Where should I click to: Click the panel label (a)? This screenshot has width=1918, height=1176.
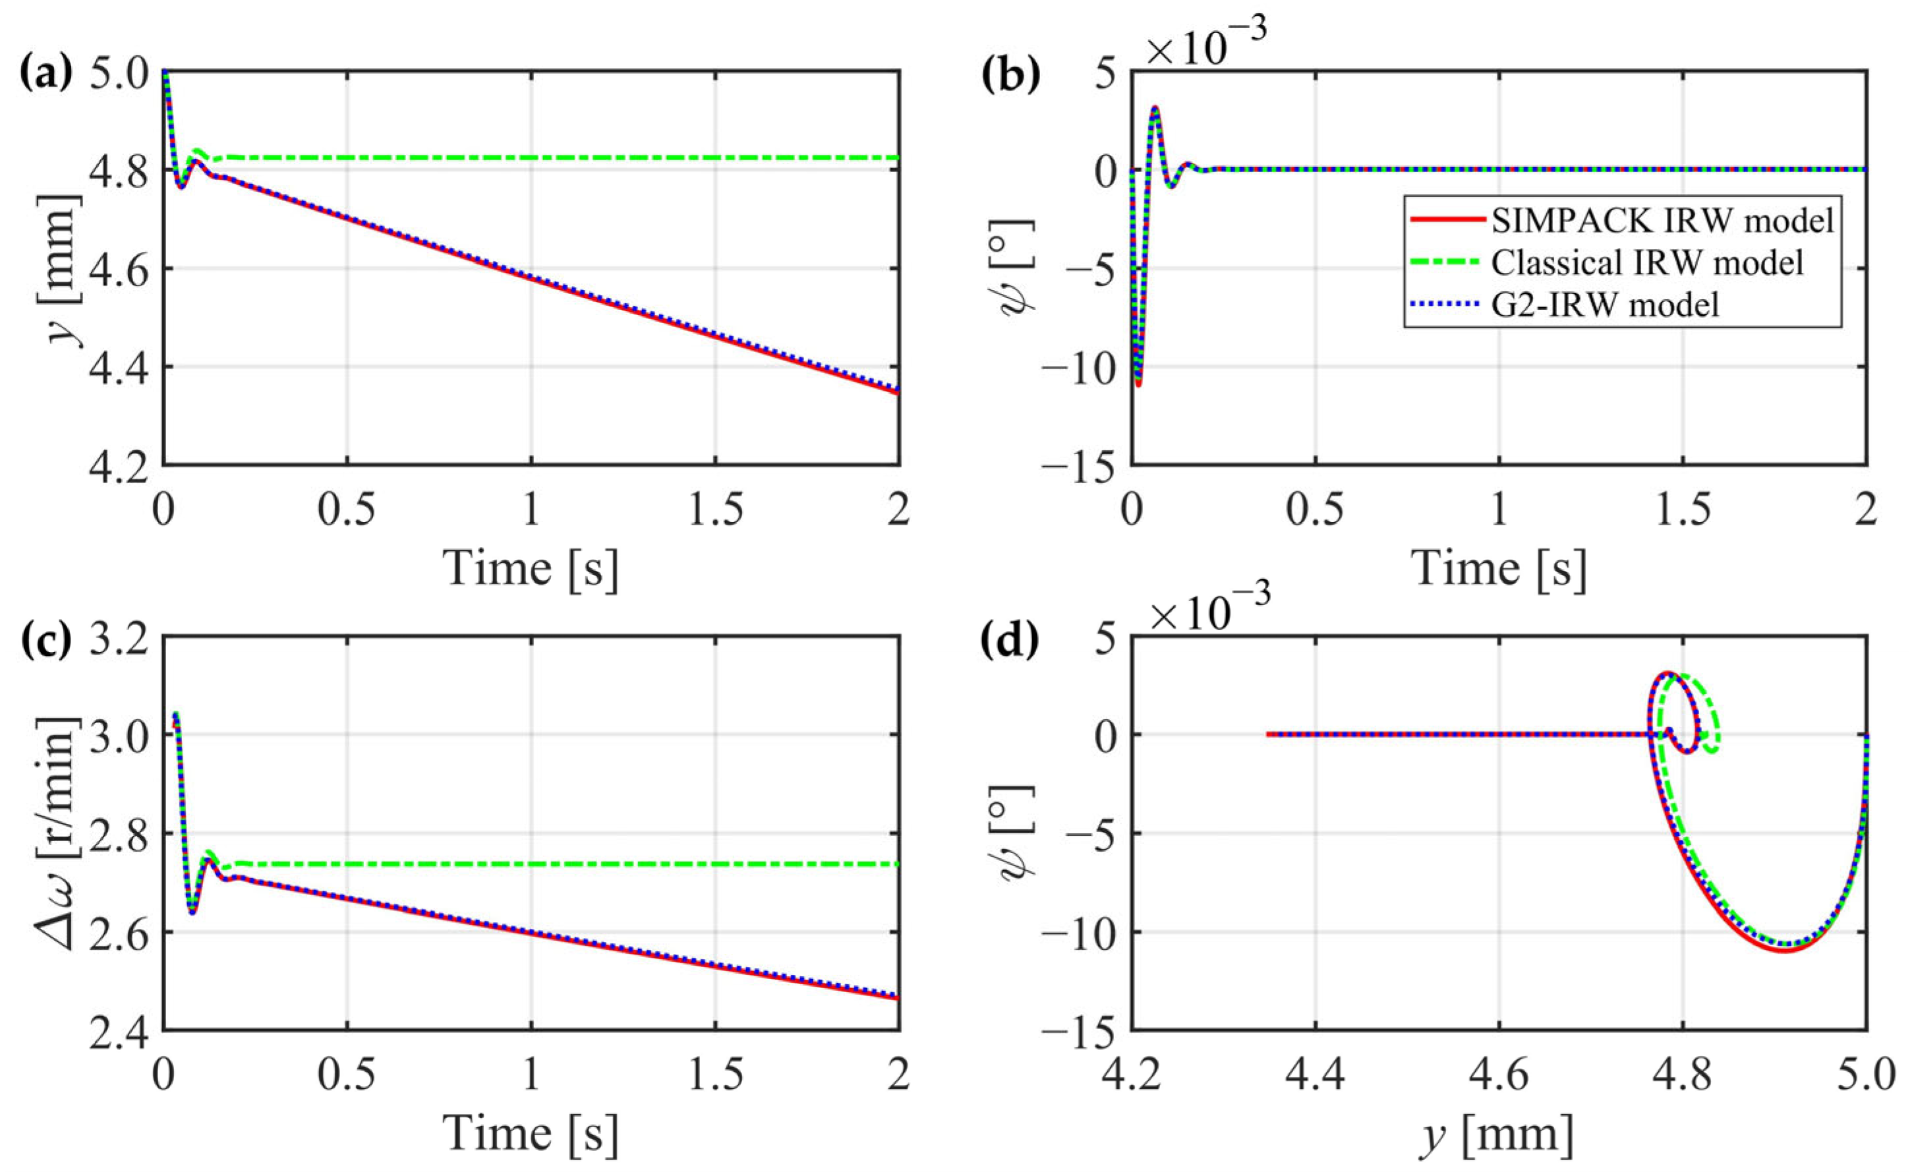(44, 76)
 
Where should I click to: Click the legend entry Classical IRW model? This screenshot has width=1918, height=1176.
(1647, 263)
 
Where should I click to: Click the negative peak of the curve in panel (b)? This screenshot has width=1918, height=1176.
(1139, 383)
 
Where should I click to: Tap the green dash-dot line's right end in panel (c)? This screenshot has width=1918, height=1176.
(898, 864)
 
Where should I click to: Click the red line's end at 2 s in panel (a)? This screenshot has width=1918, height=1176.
(898, 393)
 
